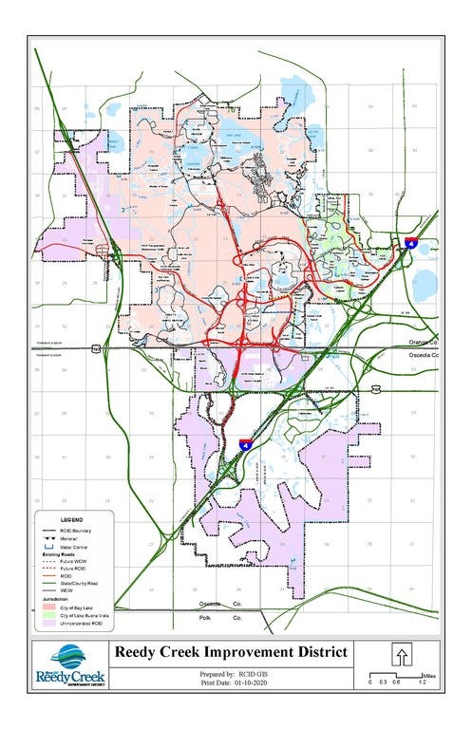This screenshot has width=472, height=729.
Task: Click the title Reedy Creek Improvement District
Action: [x=232, y=652]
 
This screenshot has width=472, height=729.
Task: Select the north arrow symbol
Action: [x=402, y=657]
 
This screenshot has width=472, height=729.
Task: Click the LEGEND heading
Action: [x=72, y=520]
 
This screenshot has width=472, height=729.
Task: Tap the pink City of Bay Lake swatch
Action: [x=49, y=606]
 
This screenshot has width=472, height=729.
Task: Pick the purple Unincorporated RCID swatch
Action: [x=49, y=622]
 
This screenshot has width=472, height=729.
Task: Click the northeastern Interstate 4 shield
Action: [x=410, y=243]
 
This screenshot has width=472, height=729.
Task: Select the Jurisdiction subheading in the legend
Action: [x=52, y=599]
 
